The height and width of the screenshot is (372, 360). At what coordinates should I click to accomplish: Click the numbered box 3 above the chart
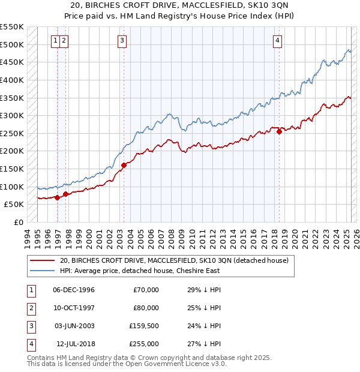coord(122,41)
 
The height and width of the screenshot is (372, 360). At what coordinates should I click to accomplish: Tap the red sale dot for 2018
coord(280,132)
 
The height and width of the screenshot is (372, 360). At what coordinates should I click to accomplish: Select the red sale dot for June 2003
coord(124,166)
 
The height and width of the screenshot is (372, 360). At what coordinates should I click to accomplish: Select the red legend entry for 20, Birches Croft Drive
coord(174,260)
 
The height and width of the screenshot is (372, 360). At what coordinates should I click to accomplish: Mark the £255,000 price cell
coord(146,344)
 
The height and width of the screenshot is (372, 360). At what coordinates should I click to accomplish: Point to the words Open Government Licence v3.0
coord(178,364)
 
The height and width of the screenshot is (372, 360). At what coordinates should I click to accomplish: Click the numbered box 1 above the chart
coord(55,41)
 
